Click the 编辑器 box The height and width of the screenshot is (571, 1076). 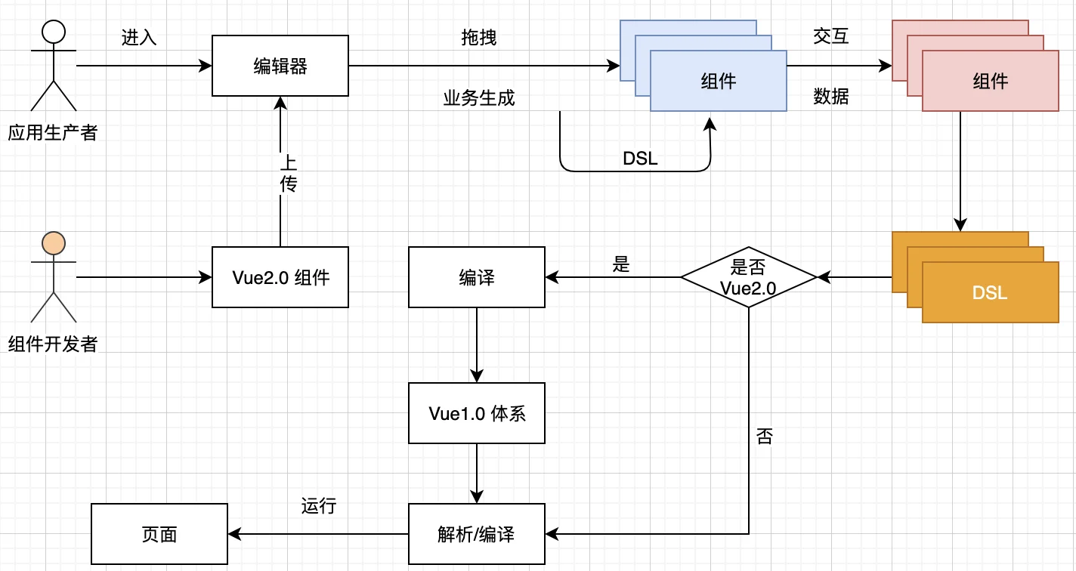click(x=280, y=66)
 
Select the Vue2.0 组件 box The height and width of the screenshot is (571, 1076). click(x=280, y=277)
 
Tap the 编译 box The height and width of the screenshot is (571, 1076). click(x=477, y=277)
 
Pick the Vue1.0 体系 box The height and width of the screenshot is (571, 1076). click(x=477, y=413)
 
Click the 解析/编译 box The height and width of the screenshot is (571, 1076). click(x=477, y=534)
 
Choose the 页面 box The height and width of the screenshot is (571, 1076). click(x=159, y=534)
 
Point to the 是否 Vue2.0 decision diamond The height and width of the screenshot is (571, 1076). click(x=749, y=277)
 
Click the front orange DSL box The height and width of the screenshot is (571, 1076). click(x=991, y=292)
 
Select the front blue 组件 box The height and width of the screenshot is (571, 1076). click(x=719, y=81)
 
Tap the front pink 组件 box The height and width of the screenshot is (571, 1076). click(x=991, y=81)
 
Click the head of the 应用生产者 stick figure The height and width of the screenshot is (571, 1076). click(x=54, y=31)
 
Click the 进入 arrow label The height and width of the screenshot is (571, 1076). click(x=139, y=38)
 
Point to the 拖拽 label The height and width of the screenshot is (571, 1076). click(x=479, y=38)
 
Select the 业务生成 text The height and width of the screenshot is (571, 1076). click(x=479, y=98)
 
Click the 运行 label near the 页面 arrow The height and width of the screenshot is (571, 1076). click(x=318, y=506)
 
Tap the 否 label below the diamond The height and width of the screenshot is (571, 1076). click(x=764, y=436)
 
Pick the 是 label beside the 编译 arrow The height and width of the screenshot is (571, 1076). click(x=621, y=264)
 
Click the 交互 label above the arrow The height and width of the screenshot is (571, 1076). click(x=831, y=36)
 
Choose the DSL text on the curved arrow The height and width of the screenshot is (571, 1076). click(x=640, y=159)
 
